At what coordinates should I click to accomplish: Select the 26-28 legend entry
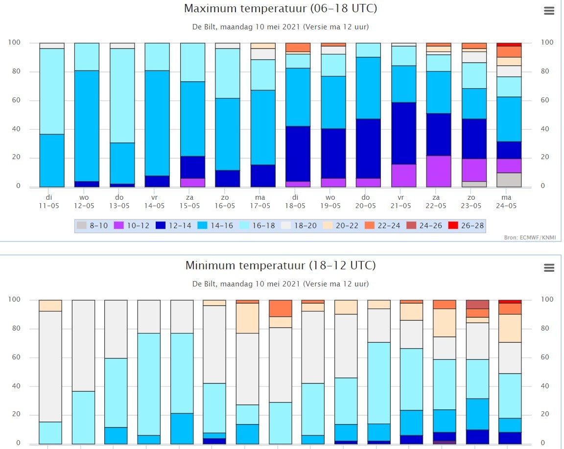tap(466, 226)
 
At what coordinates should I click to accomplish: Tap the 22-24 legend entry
tap(382, 226)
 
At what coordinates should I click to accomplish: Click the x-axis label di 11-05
tap(49, 201)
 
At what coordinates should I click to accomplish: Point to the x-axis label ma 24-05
tap(506, 201)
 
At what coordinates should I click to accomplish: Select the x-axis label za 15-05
tap(189, 201)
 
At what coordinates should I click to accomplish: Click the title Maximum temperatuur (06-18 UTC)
tap(281, 8)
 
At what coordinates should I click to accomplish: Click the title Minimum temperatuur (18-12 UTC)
tap(281, 265)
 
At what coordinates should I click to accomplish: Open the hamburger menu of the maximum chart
tap(549, 11)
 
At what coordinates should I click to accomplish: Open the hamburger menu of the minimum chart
tap(549, 268)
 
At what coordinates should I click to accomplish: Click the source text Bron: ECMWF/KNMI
tap(530, 237)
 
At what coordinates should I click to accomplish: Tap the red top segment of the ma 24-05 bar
tap(509, 45)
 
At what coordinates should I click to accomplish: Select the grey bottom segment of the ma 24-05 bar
tap(509, 180)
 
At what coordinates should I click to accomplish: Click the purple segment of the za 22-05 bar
tap(439, 171)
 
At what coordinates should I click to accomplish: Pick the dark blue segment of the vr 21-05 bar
tap(403, 134)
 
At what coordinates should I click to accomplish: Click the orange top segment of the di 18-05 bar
tap(298, 47)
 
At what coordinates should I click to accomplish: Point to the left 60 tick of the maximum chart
tap(16, 100)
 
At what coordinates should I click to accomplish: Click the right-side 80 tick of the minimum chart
tap(545, 328)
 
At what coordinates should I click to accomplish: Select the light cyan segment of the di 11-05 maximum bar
tap(52, 92)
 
